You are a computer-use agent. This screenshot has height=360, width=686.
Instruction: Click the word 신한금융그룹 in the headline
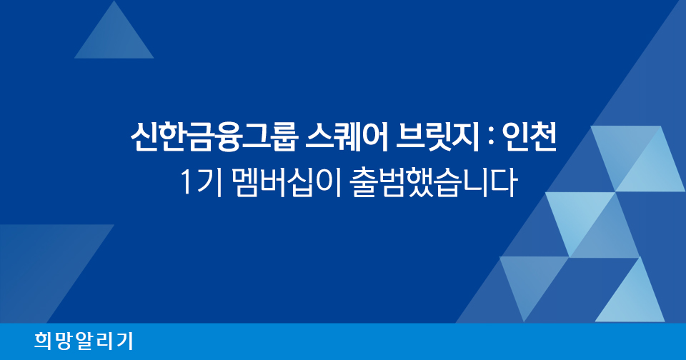[214, 137]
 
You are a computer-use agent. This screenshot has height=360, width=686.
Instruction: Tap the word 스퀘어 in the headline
[347, 137]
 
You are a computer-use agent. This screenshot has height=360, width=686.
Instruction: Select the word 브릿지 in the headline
[437, 137]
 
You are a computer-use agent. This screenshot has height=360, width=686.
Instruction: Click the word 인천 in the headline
[529, 137]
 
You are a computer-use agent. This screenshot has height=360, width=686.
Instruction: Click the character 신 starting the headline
[144, 137]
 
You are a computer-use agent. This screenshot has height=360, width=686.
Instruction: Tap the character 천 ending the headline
[542, 137]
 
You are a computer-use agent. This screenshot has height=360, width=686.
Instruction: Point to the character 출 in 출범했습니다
[365, 182]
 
